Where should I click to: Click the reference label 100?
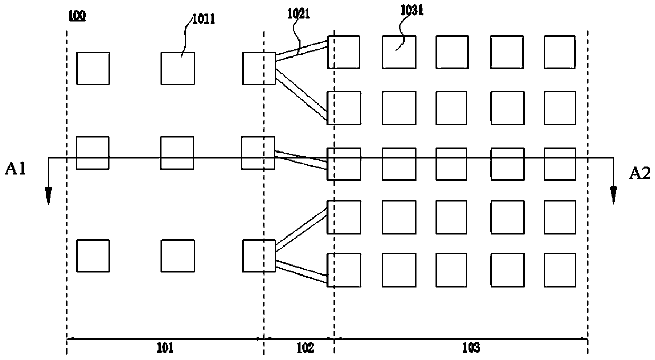(77, 16)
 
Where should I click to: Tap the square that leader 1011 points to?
(177, 68)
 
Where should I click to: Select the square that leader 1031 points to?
(399, 52)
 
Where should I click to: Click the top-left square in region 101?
(93, 68)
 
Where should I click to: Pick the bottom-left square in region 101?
(93, 255)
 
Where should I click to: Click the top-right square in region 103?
(559, 52)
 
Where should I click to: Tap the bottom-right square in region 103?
(559, 270)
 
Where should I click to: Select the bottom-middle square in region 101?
(177, 255)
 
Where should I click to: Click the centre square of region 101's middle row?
(177, 153)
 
